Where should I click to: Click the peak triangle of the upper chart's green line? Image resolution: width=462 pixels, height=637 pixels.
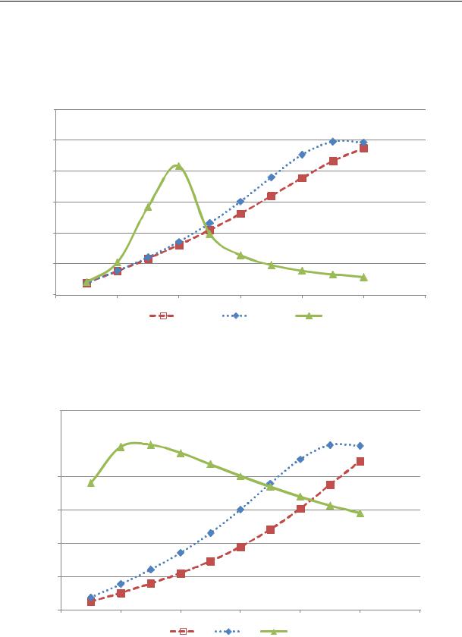pyautogui.click(x=178, y=165)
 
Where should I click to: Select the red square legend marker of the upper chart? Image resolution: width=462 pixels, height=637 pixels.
pyautogui.click(x=162, y=315)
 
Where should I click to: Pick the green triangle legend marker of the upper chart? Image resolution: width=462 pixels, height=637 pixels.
pyautogui.click(x=309, y=315)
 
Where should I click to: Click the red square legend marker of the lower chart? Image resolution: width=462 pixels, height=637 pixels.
pyautogui.click(x=183, y=631)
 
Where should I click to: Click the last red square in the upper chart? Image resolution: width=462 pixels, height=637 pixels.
pyautogui.click(x=364, y=148)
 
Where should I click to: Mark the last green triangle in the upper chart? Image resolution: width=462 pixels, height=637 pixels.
pyautogui.click(x=364, y=278)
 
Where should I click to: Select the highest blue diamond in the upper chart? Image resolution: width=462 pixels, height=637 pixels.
pyautogui.click(x=333, y=141)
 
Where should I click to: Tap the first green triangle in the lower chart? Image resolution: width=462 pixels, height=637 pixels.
pyautogui.click(x=91, y=482)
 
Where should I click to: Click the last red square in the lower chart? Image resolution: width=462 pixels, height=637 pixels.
pyautogui.click(x=360, y=461)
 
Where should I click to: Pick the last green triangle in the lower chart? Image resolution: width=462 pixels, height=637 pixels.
pyautogui.click(x=360, y=513)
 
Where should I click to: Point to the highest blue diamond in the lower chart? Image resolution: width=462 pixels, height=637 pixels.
pyautogui.click(x=330, y=444)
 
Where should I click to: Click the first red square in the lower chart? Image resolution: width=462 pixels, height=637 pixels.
pyautogui.click(x=91, y=601)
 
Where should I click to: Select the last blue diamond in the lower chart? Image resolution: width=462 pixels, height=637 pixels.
pyautogui.click(x=360, y=446)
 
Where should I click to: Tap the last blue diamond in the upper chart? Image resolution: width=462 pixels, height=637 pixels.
pyautogui.click(x=364, y=143)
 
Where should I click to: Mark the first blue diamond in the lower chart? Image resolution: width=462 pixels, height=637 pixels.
pyautogui.click(x=91, y=597)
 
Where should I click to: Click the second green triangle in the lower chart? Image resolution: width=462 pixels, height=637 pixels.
pyautogui.click(x=121, y=447)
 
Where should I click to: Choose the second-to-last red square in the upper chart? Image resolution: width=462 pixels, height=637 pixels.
pyautogui.click(x=333, y=161)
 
